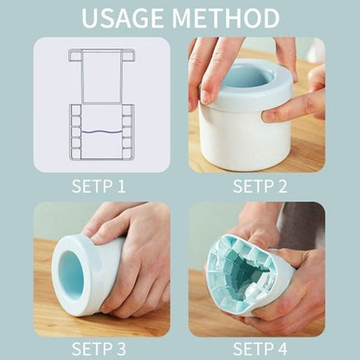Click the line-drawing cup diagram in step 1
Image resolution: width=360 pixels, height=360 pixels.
click(102, 104)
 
